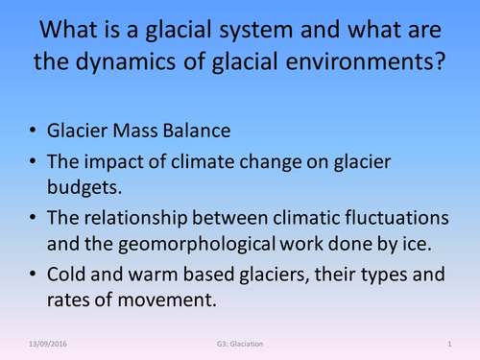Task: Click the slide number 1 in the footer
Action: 449,343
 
